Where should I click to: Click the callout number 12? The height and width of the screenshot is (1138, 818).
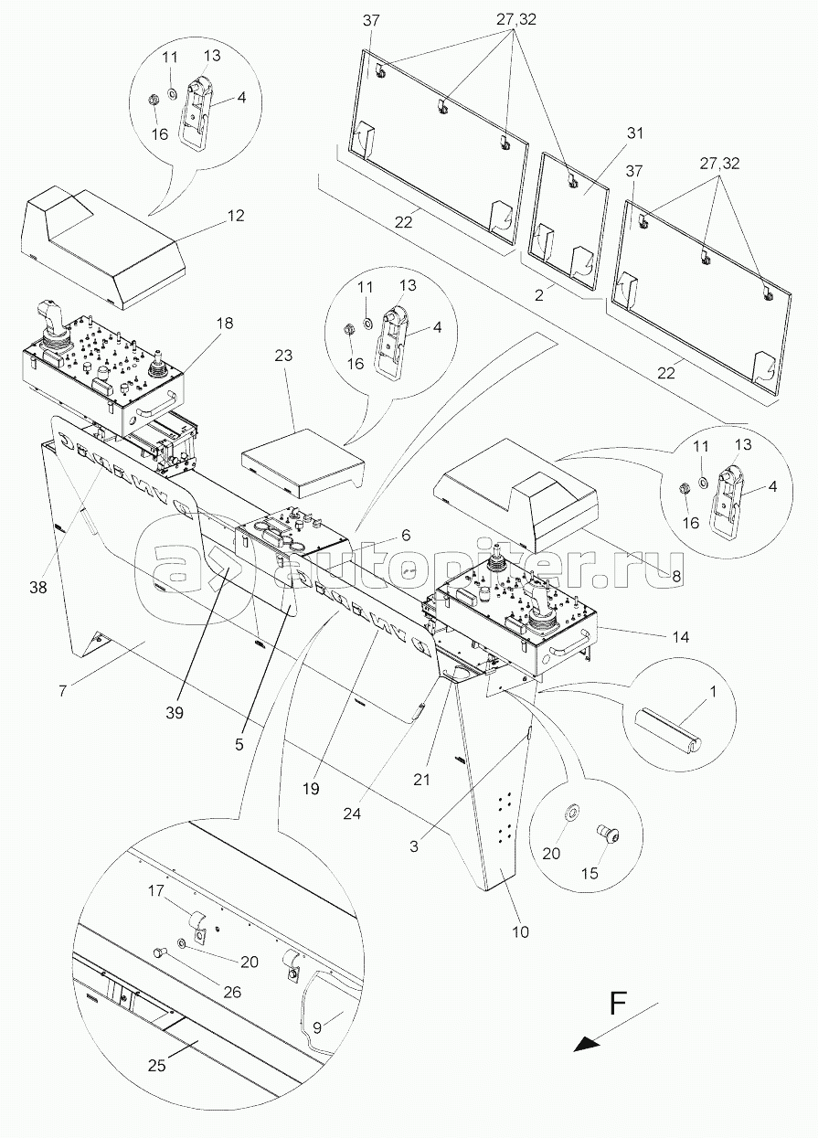(x=235, y=216)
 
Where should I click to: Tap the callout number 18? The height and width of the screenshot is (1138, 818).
(x=224, y=323)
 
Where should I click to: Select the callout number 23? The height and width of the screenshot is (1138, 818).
(x=283, y=356)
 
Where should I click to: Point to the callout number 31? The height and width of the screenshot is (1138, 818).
(x=634, y=133)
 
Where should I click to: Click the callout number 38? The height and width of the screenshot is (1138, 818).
(x=38, y=588)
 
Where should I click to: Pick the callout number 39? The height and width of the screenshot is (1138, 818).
(x=174, y=713)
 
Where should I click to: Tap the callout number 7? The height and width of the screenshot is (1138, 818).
(x=62, y=691)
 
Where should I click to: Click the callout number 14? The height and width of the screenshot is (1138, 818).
(x=681, y=636)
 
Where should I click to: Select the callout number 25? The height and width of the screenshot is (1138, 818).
(x=157, y=1066)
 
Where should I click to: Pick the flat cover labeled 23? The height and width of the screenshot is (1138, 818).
(x=303, y=465)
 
